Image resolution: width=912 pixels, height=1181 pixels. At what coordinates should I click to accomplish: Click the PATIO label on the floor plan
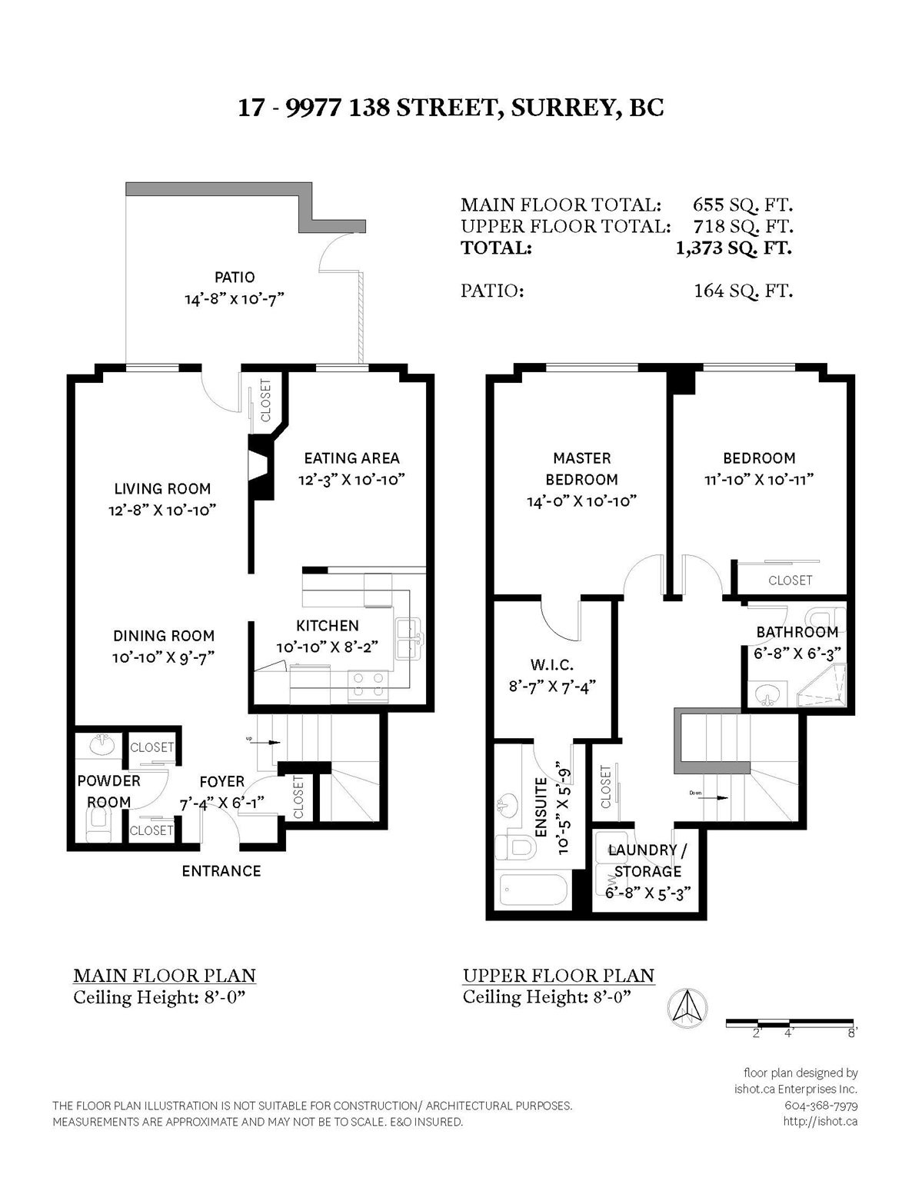pyautogui.click(x=235, y=277)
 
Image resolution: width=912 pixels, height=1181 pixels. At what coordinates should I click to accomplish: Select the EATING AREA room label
pyautogui.click(x=351, y=458)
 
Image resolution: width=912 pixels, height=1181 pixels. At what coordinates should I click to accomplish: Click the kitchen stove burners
pyautogui.click(x=368, y=685)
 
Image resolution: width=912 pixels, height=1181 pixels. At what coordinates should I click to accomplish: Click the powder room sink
pyautogui.click(x=102, y=744)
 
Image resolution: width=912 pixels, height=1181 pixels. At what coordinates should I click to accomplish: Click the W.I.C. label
pyautogui.click(x=552, y=664)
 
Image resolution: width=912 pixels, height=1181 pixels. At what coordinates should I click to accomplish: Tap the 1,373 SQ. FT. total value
pyautogui.click(x=734, y=248)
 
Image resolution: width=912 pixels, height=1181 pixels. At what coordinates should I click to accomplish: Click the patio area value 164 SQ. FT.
pyautogui.click(x=743, y=291)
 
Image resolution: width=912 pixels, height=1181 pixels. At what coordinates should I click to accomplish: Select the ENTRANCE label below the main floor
pyautogui.click(x=221, y=871)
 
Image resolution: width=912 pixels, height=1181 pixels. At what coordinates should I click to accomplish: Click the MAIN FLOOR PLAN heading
pyautogui.click(x=165, y=976)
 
